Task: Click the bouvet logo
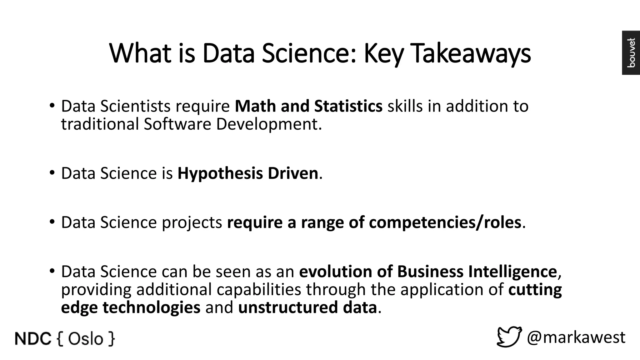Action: coord(631,52)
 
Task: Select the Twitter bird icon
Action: coord(509,337)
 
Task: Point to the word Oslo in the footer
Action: coord(85,339)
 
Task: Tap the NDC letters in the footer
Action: coord(33,339)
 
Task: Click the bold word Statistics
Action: coord(348,106)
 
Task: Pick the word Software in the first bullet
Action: coord(177,124)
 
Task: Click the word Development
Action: coord(268,124)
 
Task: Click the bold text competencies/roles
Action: coord(445,222)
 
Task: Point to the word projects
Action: coord(192,222)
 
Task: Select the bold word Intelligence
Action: coord(512,271)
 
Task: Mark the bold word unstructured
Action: coord(287,307)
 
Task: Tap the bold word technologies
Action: coord(151,307)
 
